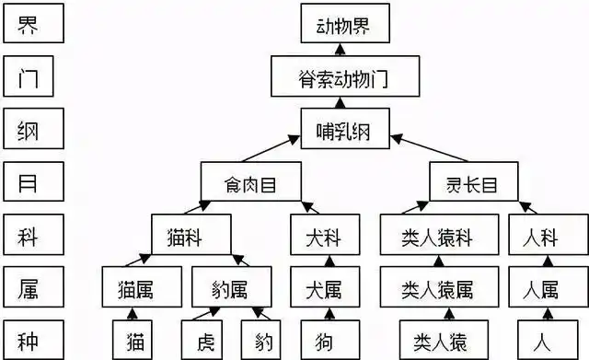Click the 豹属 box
pos(232,291)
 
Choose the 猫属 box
pos(141,291)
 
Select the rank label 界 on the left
pos(32,26)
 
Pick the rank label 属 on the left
pos(32,291)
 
